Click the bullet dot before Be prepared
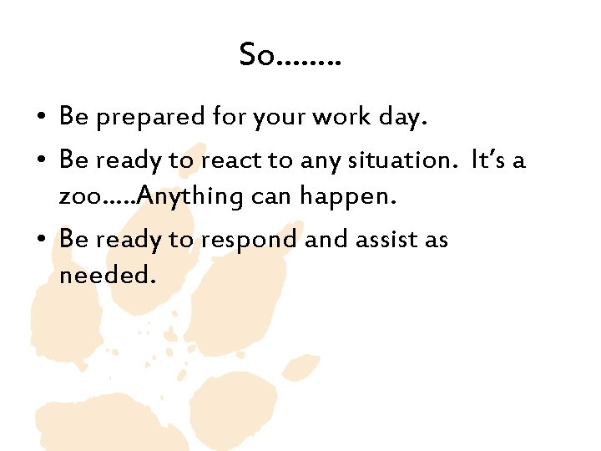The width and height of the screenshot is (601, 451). click(41, 119)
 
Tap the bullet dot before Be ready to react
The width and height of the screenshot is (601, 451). click(41, 160)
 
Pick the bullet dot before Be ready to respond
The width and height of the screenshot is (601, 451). click(41, 241)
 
